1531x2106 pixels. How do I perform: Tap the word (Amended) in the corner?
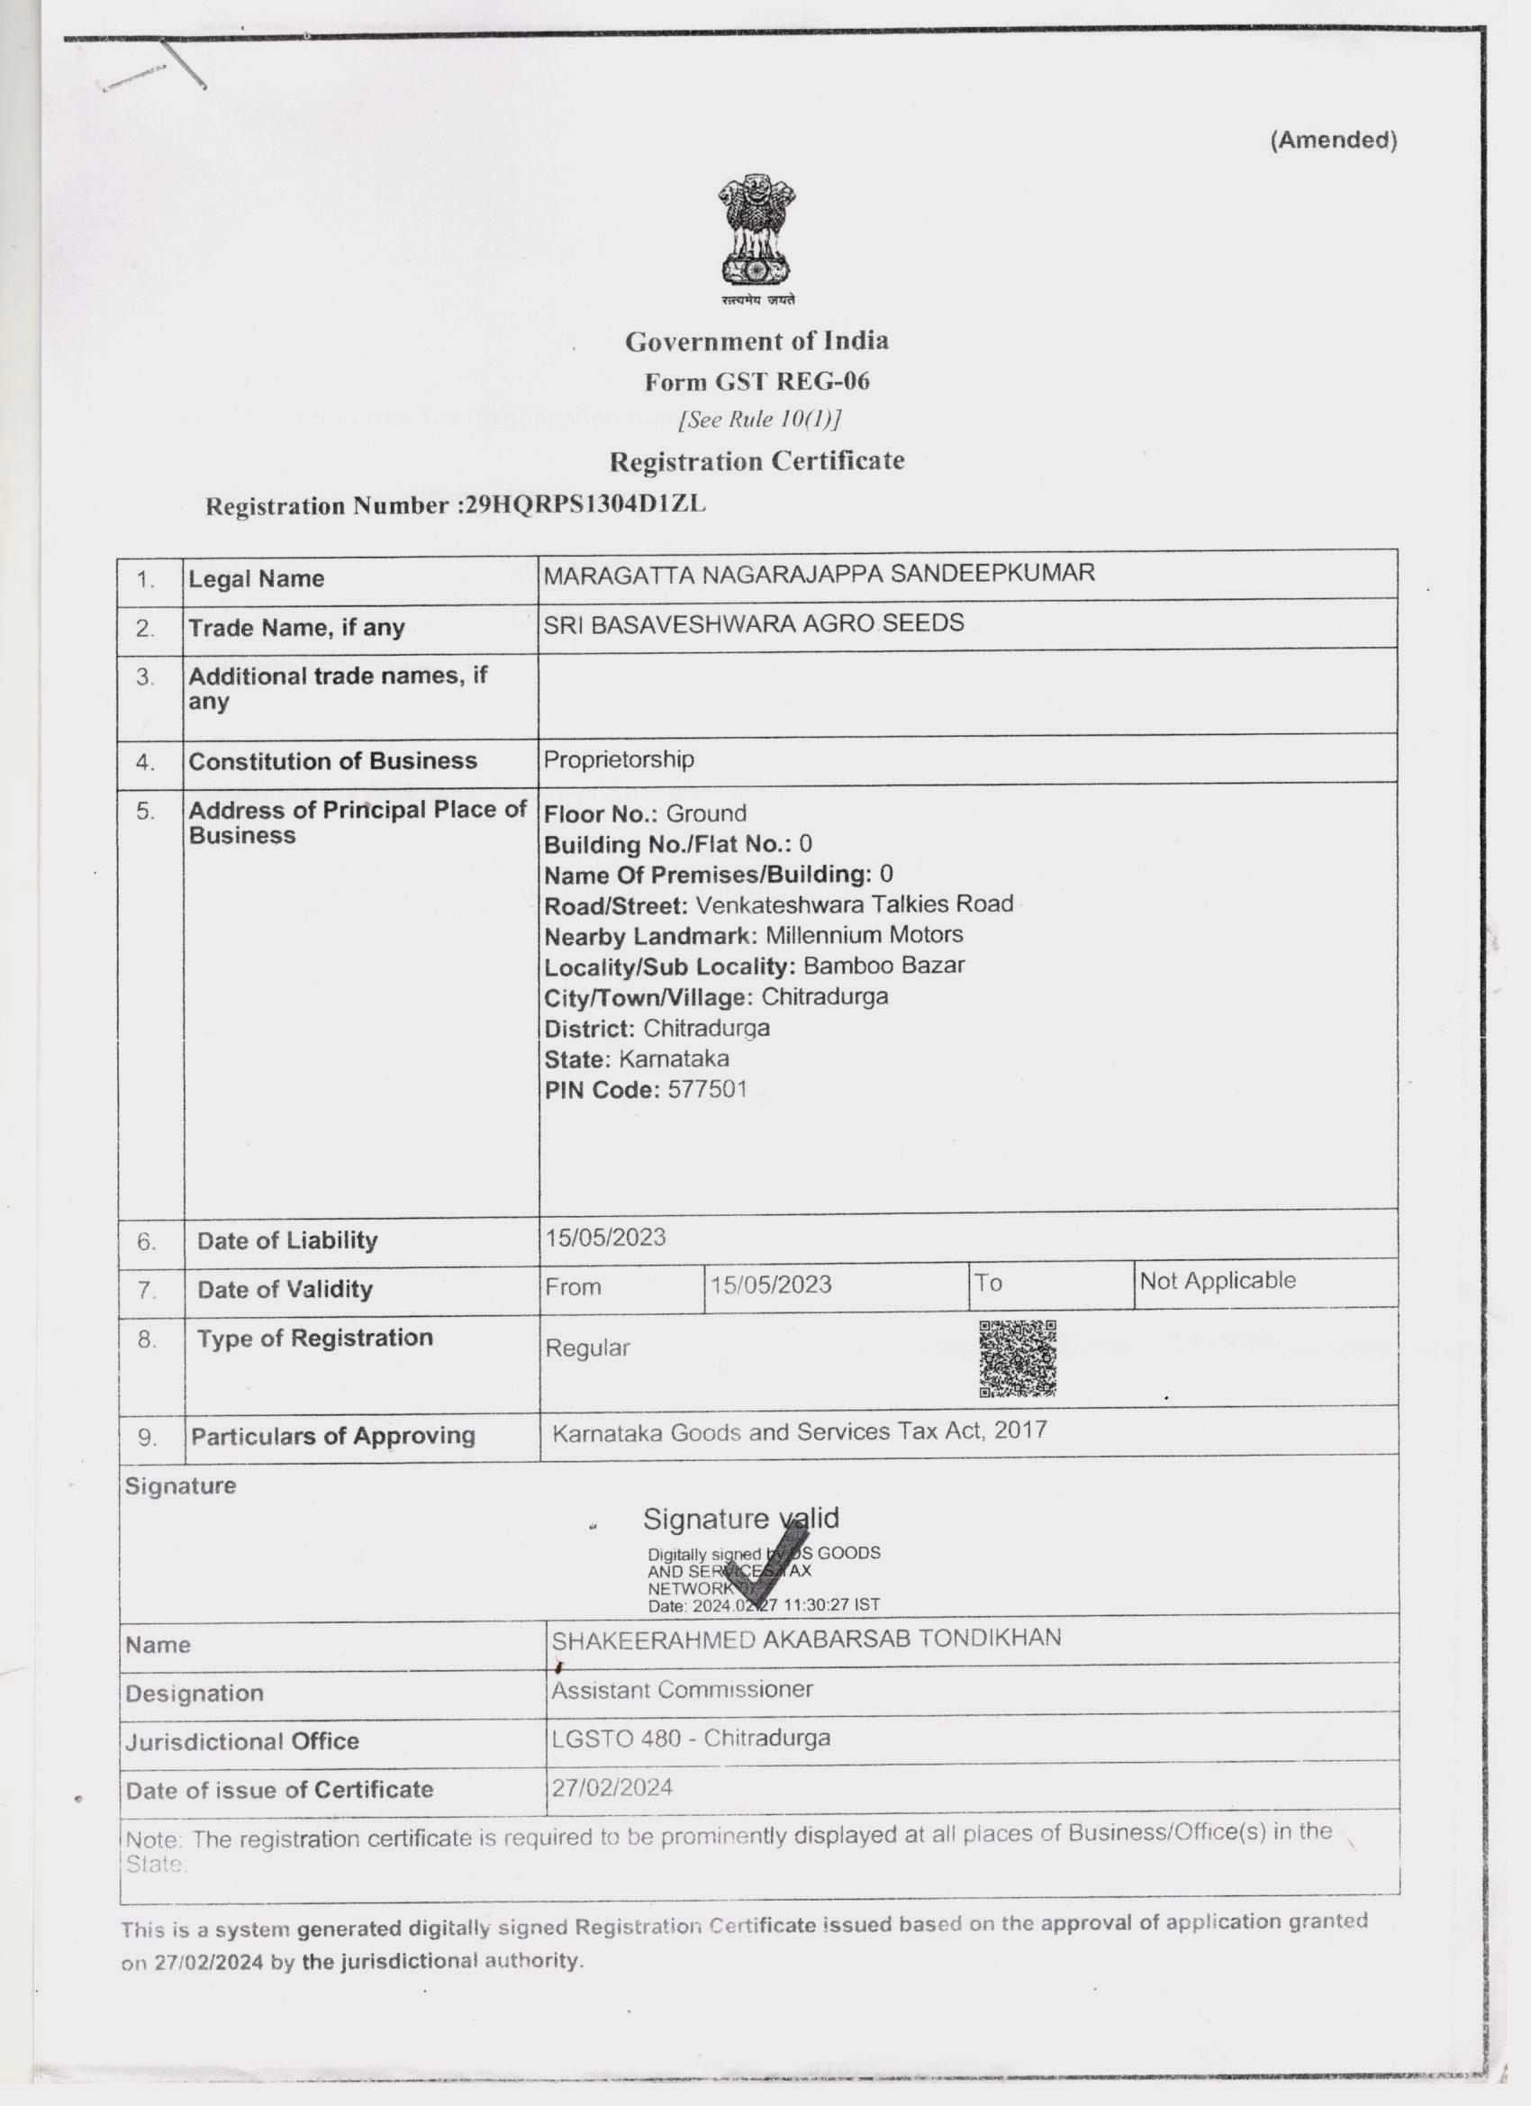[1332, 141]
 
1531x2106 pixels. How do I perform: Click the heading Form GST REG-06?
[756, 381]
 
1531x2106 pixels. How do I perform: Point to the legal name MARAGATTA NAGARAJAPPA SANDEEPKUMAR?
[819, 573]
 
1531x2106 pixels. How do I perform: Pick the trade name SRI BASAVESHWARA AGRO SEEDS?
[753, 622]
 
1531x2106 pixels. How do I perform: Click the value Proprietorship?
[619, 759]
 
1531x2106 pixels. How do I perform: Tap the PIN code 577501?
[707, 1088]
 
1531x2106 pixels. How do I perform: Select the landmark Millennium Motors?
[864, 934]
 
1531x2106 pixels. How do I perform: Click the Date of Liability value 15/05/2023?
[605, 1237]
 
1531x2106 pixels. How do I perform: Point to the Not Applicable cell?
[1217, 1281]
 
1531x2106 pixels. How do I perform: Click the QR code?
[1018, 1357]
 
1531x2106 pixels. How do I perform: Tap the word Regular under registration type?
[587, 1348]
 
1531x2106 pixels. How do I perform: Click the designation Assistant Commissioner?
[682, 1689]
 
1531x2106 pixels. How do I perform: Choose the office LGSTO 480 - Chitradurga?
[690, 1738]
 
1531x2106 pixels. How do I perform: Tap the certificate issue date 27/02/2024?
[611, 1787]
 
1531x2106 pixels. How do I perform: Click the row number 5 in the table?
[146, 811]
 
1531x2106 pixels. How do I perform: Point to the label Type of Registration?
[313, 1338]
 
